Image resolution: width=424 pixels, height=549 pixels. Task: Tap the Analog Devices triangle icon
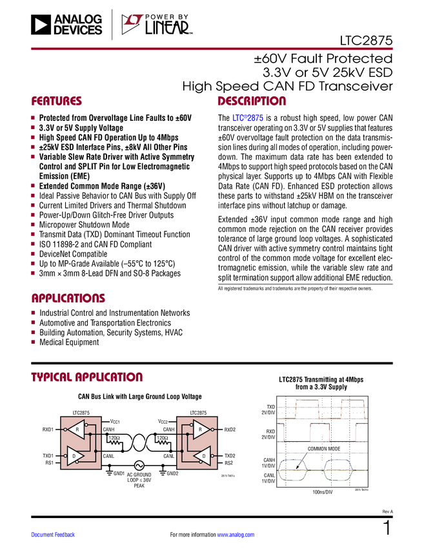(41, 25)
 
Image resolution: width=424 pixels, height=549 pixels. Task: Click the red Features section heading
(56, 101)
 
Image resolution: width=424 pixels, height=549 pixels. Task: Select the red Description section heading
(252, 101)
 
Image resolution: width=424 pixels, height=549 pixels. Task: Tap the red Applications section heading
(68, 298)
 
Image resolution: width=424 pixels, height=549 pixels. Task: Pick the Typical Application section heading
(86, 377)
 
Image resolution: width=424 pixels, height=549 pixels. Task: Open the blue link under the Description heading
(248, 119)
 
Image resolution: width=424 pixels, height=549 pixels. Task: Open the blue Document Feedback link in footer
(54, 534)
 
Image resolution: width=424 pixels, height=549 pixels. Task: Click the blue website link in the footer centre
(236, 534)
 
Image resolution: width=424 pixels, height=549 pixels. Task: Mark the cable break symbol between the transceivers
(139, 444)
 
